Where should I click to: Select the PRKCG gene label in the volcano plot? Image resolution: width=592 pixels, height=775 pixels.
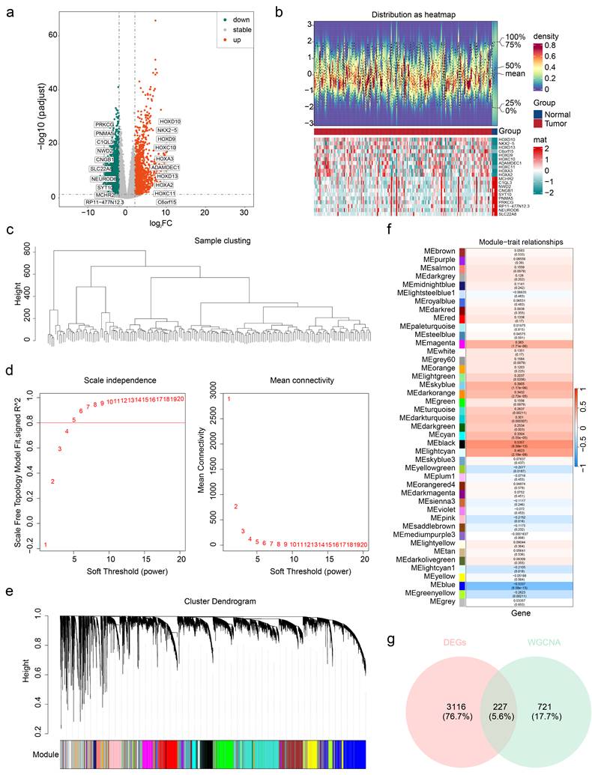point(106,124)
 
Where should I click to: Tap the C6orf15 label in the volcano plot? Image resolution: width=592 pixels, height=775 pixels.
point(166,201)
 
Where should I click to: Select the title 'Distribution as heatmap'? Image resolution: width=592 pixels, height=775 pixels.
point(403,15)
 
